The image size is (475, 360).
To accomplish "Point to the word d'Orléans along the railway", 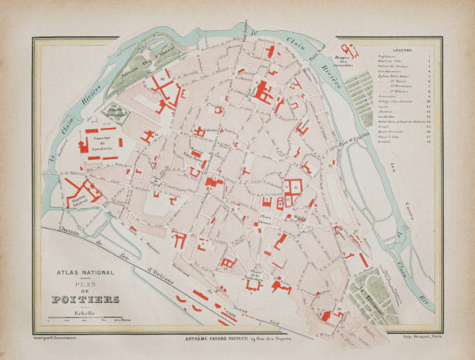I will click(x=161, y=273).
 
